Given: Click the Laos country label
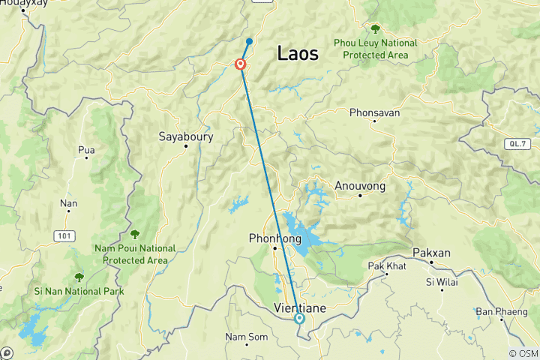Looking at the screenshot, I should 298,53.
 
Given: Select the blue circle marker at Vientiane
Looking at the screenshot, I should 299,319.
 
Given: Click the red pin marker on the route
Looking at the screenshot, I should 241,64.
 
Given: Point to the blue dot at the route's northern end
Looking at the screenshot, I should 250,41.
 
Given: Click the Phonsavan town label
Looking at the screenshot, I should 374,112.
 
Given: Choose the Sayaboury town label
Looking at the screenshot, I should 186,136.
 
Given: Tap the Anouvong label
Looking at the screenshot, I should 360,185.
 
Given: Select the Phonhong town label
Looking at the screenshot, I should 275,238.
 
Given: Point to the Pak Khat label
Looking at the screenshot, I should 386,266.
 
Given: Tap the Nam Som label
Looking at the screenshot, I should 247,337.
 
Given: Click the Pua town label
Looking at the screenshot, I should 86,149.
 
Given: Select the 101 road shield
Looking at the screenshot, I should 64,235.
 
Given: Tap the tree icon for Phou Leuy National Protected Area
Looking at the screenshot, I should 375,29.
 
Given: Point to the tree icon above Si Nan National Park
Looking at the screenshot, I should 79,277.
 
